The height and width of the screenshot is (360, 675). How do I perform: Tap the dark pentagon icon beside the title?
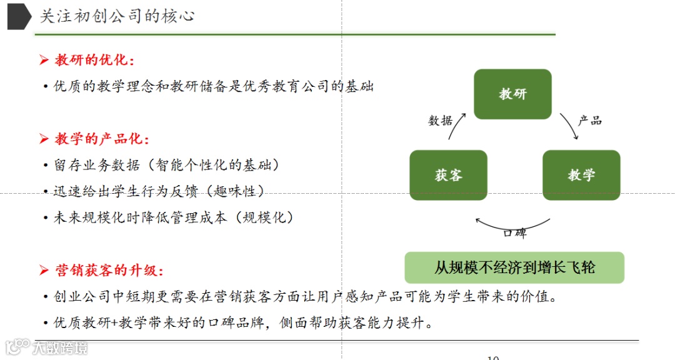(x=19, y=16)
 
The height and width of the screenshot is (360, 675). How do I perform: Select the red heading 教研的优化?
(x=94, y=60)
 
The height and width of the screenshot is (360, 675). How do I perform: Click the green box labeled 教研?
(x=512, y=94)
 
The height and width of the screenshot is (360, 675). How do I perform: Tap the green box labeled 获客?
(x=448, y=175)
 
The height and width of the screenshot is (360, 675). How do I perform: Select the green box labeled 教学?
(x=581, y=175)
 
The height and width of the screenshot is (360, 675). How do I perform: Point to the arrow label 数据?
(x=441, y=121)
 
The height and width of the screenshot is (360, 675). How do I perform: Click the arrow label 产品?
(x=589, y=121)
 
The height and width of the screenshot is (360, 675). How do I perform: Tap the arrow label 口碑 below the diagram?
(x=514, y=233)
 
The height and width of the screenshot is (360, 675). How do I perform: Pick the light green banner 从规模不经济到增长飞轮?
(x=514, y=267)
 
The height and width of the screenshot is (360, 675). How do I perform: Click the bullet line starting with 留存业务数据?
(x=166, y=165)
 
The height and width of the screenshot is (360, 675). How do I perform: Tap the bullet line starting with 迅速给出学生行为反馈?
(x=159, y=191)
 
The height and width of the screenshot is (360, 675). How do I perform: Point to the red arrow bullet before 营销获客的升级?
(x=44, y=270)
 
